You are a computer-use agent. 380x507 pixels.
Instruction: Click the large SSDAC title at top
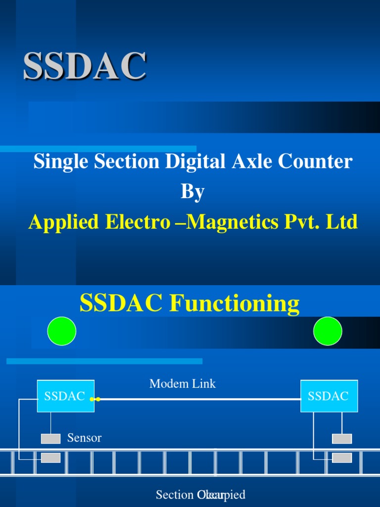[85, 66]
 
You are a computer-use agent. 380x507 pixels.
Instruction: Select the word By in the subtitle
[192, 192]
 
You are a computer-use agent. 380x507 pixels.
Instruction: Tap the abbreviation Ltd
[342, 222]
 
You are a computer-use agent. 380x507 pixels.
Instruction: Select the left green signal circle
[62, 331]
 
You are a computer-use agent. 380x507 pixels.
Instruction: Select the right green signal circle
[328, 331]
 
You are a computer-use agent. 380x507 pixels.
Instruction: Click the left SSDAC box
[65, 396]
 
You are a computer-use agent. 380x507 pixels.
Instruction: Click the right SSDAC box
[329, 396]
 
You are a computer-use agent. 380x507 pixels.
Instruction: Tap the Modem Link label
[183, 384]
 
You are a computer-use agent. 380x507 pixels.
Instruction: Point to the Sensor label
[84, 438]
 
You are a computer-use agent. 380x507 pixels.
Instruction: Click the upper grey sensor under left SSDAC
[50, 439]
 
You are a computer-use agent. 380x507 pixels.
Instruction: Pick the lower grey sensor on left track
[50, 458]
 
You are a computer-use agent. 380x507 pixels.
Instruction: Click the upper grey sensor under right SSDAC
[342, 439]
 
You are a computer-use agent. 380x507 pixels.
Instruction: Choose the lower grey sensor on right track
[342, 458]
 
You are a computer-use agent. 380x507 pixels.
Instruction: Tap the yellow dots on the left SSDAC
[95, 399]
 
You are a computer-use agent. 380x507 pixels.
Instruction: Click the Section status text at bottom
[200, 495]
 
